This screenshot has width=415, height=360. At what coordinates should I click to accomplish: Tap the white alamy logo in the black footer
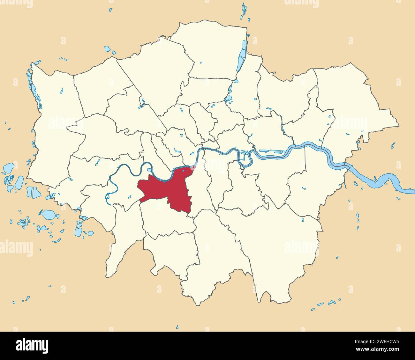(x=32, y=346)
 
